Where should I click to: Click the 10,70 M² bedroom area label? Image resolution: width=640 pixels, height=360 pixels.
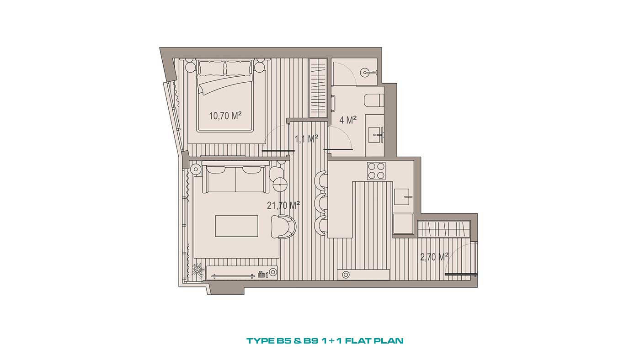[x=225, y=116]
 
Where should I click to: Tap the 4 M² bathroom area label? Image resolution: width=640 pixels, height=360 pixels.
[x=348, y=120]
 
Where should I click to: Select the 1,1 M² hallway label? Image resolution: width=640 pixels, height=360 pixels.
[x=307, y=139]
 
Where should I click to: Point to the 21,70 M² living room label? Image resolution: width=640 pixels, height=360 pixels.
[x=283, y=205]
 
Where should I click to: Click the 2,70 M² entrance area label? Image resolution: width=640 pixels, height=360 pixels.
[x=434, y=257]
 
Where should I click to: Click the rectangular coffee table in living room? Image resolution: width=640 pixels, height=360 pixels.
[x=237, y=226]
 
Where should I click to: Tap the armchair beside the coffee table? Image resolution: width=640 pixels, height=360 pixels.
[x=283, y=227]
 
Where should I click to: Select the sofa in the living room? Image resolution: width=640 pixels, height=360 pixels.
[x=236, y=177]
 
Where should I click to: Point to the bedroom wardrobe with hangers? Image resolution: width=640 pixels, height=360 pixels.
[x=318, y=87]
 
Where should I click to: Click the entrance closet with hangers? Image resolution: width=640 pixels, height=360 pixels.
[x=444, y=229]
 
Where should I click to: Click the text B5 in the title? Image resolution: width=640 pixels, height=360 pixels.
[x=284, y=341]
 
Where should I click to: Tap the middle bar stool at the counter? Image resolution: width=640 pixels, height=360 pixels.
[x=320, y=202]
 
